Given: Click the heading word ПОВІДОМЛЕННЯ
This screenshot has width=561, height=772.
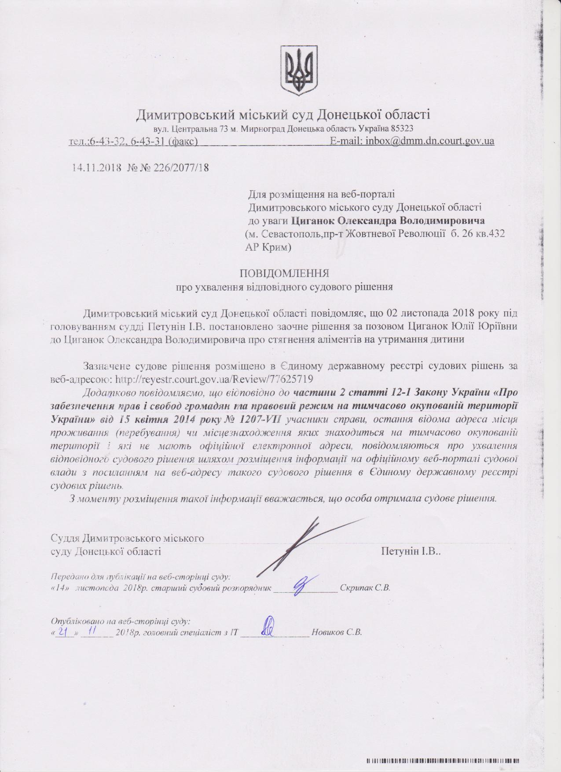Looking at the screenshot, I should (x=284, y=273).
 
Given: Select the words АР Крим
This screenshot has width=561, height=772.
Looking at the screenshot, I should (x=268, y=248).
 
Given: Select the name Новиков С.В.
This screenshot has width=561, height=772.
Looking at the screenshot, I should (x=337, y=632).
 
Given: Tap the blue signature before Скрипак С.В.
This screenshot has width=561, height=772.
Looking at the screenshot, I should (x=303, y=584).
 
